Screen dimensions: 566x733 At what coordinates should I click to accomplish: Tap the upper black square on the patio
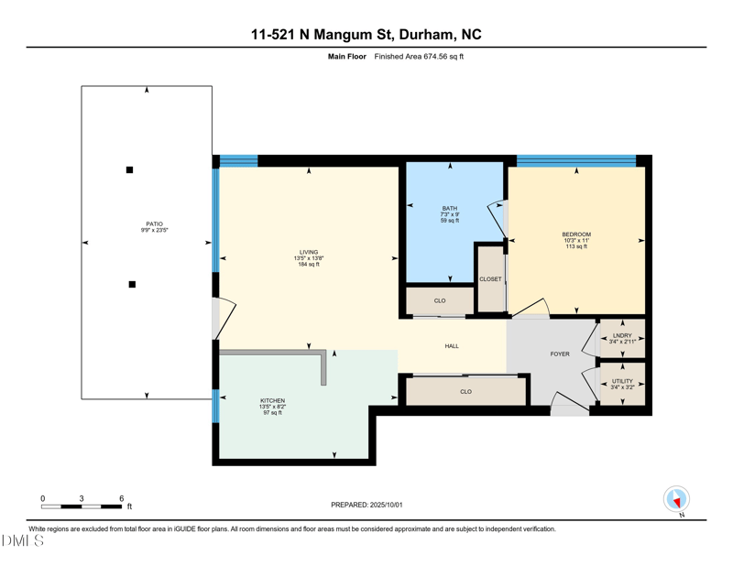pos(129,169)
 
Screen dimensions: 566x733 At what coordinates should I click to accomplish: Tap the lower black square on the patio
pos(132,285)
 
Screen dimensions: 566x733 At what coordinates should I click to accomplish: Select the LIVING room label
pos(309,252)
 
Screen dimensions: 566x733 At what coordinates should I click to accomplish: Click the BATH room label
pos(450,209)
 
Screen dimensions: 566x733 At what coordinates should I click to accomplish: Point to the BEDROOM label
pos(576,234)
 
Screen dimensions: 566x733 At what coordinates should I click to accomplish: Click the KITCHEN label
pos(272,401)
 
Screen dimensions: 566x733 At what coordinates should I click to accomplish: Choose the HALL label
pos(452,346)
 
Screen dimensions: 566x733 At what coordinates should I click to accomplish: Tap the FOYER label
pos(560,354)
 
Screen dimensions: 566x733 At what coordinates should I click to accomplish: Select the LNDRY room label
pos(622,335)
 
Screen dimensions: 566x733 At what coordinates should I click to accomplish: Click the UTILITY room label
pos(622,381)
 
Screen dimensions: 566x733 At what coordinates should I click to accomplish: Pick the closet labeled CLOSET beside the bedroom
pos(490,279)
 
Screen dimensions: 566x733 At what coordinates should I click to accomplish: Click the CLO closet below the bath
pos(440,300)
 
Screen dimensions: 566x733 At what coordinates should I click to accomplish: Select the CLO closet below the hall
pos(465,391)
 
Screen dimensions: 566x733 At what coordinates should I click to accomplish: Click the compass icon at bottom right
pos(676,499)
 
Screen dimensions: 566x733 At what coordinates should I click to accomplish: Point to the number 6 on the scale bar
pos(122,498)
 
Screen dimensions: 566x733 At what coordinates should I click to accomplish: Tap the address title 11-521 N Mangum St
pos(323,35)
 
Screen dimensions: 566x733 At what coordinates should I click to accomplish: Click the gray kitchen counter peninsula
pos(323,366)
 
